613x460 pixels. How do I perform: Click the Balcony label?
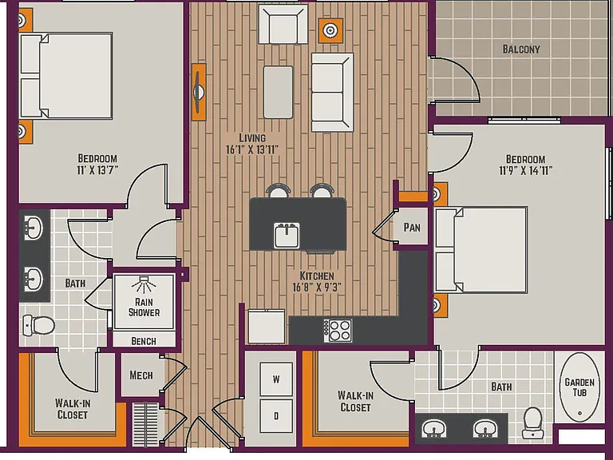(x=521, y=50)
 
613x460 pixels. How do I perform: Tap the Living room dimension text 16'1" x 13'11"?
(x=252, y=149)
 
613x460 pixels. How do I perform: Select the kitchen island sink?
(x=287, y=236)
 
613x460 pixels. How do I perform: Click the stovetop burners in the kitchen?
(x=338, y=331)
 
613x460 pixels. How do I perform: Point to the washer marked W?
(x=276, y=379)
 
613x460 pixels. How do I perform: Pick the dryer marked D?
(x=276, y=416)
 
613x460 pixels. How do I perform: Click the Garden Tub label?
(x=579, y=387)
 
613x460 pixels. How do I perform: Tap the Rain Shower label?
(x=144, y=307)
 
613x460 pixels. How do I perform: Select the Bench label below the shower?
(x=144, y=341)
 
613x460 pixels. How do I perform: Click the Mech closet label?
(x=141, y=375)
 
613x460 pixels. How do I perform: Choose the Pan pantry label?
(x=412, y=228)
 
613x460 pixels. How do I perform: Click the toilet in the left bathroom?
(x=38, y=325)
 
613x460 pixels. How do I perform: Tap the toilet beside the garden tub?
(x=532, y=423)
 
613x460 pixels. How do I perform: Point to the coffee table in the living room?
(x=278, y=93)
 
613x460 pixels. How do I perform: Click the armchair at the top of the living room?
(x=283, y=24)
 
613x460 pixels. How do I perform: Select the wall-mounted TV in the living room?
(x=199, y=93)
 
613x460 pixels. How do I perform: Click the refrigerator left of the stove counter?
(x=267, y=327)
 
